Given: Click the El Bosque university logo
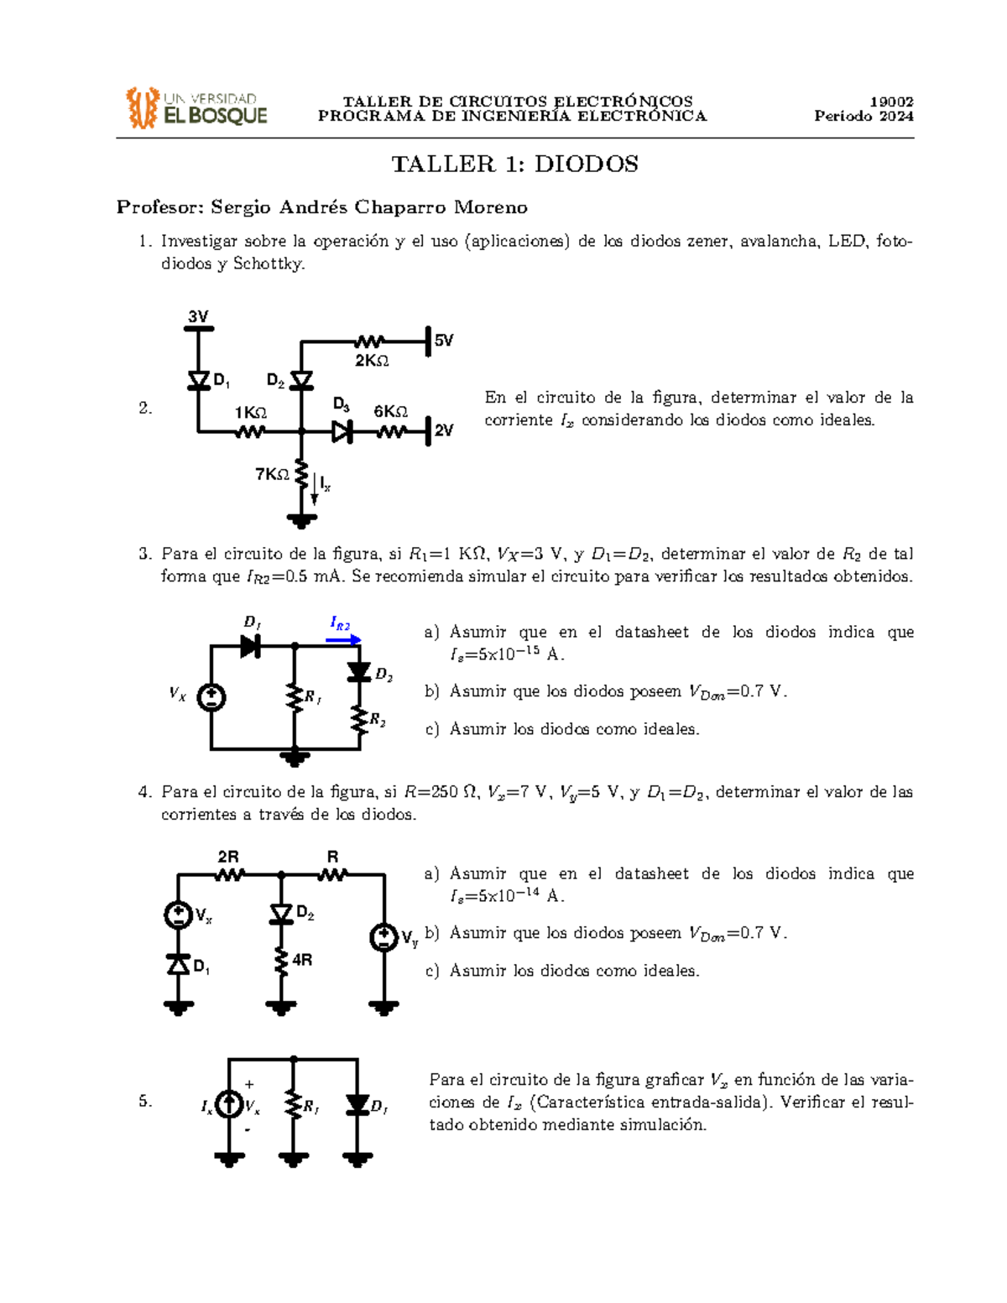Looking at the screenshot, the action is [196, 108].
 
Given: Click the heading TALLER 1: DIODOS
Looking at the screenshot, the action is [514, 164].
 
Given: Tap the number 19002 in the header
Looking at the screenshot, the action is [891, 102].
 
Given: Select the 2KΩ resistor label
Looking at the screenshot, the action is [372, 361].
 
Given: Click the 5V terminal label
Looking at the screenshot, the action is [444, 341].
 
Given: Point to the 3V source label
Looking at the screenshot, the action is [198, 316].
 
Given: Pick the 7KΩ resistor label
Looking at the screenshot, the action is [272, 475].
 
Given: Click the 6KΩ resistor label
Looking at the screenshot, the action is [390, 411].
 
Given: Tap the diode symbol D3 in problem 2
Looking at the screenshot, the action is [342, 432].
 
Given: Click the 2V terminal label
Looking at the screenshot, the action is [444, 430].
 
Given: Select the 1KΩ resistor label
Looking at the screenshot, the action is [250, 413].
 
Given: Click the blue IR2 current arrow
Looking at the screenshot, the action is [343, 639].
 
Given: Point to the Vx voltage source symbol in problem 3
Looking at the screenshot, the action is [211, 696].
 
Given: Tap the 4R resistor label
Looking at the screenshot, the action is [302, 960].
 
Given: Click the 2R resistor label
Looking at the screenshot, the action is [228, 857].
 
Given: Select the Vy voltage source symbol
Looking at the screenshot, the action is [384, 937].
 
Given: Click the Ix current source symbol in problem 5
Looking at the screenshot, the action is [229, 1104].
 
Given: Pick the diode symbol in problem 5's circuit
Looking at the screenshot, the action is [357, 1104].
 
